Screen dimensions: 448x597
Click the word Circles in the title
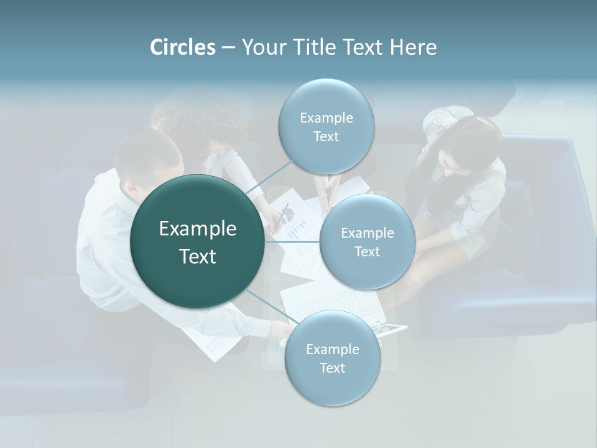coord(183,47)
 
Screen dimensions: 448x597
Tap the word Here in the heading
coord(413,47)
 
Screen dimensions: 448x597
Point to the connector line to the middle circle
coord(292,241)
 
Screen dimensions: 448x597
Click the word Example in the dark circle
coord(198,229)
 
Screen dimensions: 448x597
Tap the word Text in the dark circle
coord(198,256)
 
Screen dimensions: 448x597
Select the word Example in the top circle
coord(326,118)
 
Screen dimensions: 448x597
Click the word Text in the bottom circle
coord(332,368)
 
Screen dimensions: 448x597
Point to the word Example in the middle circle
coord(368,233)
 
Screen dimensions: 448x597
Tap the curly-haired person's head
coord(199,121)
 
